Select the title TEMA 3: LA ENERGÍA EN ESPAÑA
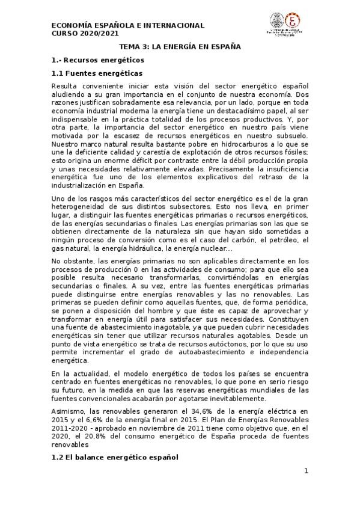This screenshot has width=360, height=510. (x=180, y=46)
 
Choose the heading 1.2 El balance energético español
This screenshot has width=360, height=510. (x=115, y=458)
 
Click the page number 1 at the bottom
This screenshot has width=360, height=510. (x=306, y=471)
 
